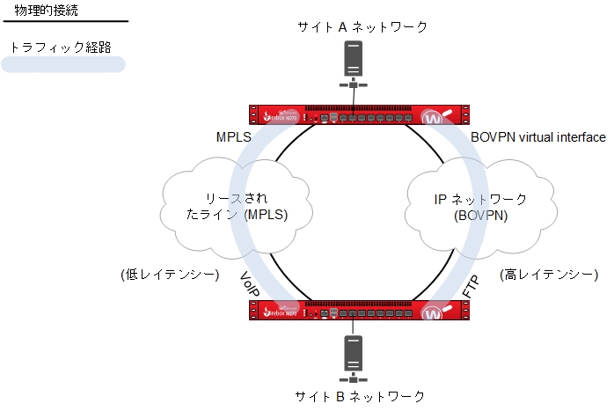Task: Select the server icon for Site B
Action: [354, 356]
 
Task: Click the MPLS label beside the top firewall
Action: [234, 138]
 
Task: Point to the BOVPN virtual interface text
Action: [538, 137]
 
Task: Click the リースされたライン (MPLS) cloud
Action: [232, 205]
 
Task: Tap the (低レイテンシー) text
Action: [170, 275]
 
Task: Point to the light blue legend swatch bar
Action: [63, 64]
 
